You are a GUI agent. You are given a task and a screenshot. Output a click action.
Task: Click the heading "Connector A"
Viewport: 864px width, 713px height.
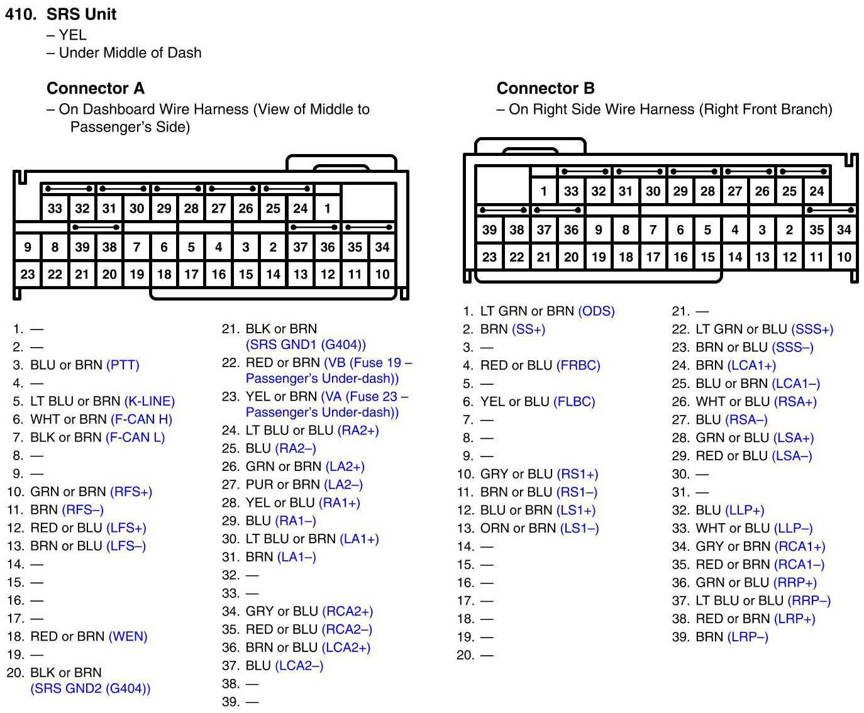point(96,88)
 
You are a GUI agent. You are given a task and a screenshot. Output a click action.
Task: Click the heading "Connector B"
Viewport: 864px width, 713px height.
point(545,88)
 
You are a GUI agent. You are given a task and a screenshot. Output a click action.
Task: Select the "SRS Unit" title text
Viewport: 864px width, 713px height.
point(82,14)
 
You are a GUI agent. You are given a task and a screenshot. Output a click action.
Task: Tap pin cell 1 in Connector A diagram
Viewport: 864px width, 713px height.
point(327,208)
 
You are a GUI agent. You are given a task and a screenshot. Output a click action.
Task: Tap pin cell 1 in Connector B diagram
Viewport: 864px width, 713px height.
point(543,191)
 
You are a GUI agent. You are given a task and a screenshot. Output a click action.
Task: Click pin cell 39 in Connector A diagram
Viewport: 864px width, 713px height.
point(82,247)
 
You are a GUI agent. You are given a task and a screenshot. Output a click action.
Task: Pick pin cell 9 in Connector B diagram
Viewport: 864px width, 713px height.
point(598,230)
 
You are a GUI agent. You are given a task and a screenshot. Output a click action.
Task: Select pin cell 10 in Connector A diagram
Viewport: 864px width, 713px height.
point(382,274)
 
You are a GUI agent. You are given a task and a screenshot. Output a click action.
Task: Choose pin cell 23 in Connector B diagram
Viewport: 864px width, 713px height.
point(489,257)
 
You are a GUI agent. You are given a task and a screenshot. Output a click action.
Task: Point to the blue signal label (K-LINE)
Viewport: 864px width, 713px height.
point(150,401)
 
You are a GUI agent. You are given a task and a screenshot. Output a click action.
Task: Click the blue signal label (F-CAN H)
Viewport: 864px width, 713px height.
point(141,419)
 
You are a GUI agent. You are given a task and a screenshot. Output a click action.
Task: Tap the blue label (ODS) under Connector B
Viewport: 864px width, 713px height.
point(596,311)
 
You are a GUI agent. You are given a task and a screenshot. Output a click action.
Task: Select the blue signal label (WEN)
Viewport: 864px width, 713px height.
point(128,636)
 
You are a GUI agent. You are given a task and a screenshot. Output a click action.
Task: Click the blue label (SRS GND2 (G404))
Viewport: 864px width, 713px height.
point(91,688)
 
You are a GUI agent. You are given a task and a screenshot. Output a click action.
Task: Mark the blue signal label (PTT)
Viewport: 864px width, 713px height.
point(123,365)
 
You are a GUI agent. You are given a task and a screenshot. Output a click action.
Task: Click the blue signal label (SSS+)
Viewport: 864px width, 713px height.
point(812,329)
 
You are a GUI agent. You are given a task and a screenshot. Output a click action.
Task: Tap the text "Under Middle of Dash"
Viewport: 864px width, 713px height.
point(130,53)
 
